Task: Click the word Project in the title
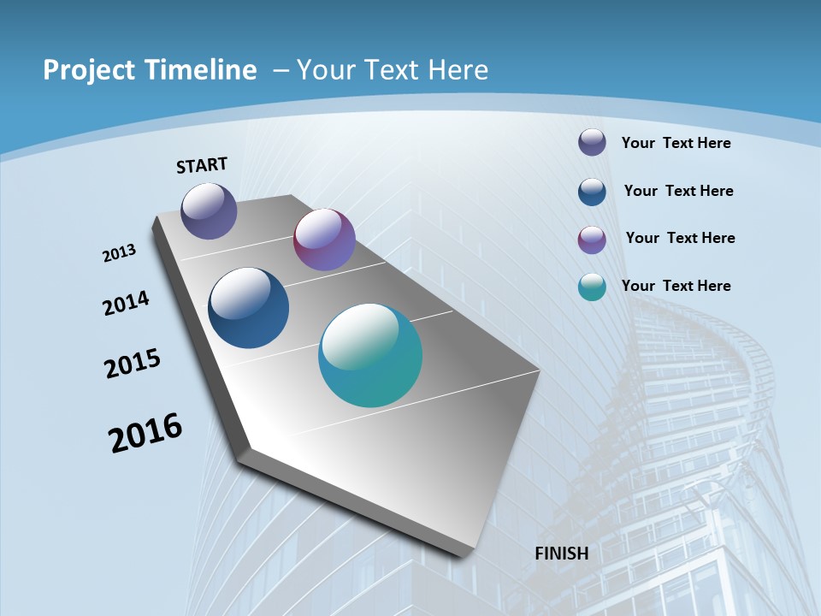click(87, 70)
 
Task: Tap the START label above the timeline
click(202, 165)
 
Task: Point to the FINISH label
click(562, 554)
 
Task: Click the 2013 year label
click(119, 253)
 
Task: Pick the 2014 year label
click(127, 304)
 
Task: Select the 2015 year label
click(133, 363)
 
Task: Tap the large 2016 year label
click(145, 433)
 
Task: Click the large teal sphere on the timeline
click(370, 355)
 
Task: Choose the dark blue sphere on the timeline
click(249, 308)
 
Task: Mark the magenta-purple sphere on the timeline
click(324, 240)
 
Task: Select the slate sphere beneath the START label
click(209, 210)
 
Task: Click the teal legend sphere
click(592, 287)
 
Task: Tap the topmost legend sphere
click(592, 142)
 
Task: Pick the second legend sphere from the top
click(592, 191)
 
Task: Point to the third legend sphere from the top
click(592, 240)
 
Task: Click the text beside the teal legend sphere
click(676, 286)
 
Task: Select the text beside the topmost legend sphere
click(676, 143)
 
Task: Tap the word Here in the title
click(457, 70)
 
